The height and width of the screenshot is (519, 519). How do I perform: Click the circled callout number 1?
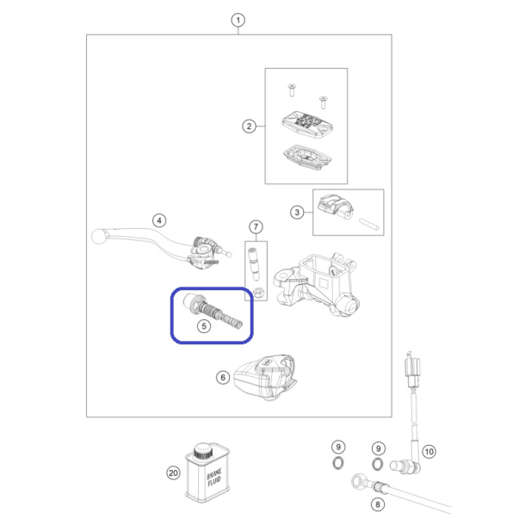pos(238,21)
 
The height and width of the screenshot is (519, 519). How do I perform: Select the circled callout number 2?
pos(249,127)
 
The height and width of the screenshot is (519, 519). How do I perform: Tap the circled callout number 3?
pos(297,213)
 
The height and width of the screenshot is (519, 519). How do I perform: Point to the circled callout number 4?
pos(159,220)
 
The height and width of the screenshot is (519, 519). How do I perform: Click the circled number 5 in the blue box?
pos(204,326)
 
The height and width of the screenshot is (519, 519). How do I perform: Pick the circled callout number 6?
pos(223,378)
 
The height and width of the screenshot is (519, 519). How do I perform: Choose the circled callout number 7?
pos(256,227)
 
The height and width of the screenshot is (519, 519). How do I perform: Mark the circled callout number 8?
pos(378,504)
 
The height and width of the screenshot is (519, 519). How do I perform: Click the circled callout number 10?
pos(429,452)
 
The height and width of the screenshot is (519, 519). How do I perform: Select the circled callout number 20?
pos(174,473)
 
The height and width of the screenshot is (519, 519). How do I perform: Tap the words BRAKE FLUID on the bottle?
pos(213,478)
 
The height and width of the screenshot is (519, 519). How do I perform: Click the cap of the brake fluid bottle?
pos(203,451)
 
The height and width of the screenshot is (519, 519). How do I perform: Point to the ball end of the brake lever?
pos(99,237)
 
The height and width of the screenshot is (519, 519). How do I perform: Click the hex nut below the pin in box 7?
pos(258,293)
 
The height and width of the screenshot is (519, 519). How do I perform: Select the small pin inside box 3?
pos(369,224)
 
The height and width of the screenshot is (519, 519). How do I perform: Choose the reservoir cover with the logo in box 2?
pos(307,125)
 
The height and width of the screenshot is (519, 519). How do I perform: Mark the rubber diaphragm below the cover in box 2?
pos(307,158)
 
